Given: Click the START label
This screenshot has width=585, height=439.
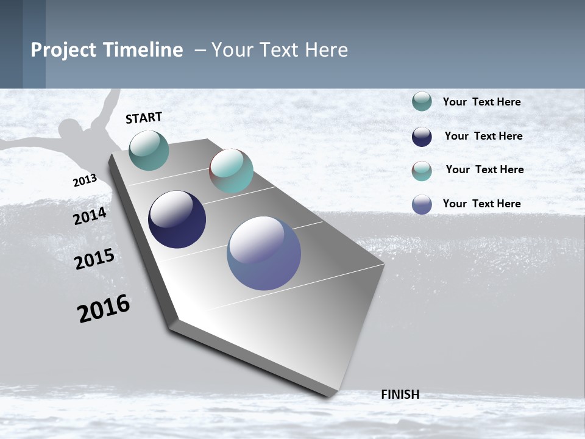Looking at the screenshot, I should pyautogui.click(x=144, y=118).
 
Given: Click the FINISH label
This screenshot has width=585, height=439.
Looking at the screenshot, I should pyautogui.click(x=400, y=394).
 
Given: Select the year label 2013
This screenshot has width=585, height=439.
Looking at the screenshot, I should pyautogui.click(x=85, y=180).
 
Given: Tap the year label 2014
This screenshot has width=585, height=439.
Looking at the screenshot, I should pyautogui.click(x=90, y=216).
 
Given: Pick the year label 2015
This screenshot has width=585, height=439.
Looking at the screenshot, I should pyautogui.click(x=94, y=259).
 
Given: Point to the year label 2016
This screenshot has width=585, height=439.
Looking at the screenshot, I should pyautogui.click(x=104, y=308).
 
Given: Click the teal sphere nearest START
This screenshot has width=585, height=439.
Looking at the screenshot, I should pyautogui.click(x=149, y=150).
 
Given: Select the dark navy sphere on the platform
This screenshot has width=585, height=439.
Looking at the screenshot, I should pyautogui.click(x=177, y=220).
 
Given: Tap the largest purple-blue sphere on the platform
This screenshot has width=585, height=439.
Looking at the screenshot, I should pyautogui.click(x=264, y=253).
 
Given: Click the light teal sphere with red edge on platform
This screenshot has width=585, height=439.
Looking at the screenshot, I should pyautogui.click(x=231, y=171).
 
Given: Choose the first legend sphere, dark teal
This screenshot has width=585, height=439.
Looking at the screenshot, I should pyautogui.click(x=422, y=101).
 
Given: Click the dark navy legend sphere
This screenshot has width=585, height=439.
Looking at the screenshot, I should pyautogui.click(x=422, y=137).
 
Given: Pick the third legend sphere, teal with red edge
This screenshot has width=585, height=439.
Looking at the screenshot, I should pyautogui.click(x=422, y=171).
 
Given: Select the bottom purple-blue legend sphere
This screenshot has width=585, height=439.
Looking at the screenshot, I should pyautogui.click(x=422, y=204).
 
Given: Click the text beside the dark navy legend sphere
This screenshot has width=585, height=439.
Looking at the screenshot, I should pyautogui.click(x=483, y=136).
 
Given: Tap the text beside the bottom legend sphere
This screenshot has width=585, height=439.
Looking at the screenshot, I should pyautogui.click(x=481, y=204).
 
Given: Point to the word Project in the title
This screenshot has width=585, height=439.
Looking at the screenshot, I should pyautogui.click(x=64, y=50).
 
